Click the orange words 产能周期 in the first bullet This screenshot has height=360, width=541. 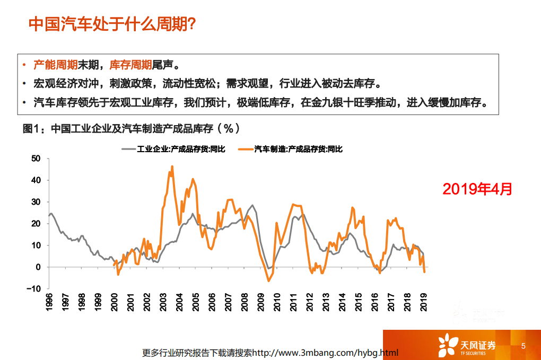tap(56, 65)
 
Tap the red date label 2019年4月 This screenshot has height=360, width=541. tap(477, 188)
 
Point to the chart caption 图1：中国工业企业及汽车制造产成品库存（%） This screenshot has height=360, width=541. tap(132, 129)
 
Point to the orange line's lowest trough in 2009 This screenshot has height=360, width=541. tap(268, 280)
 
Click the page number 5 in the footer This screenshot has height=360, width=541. tap(523, 346)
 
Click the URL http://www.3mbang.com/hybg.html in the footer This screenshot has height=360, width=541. tap(325, 353)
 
